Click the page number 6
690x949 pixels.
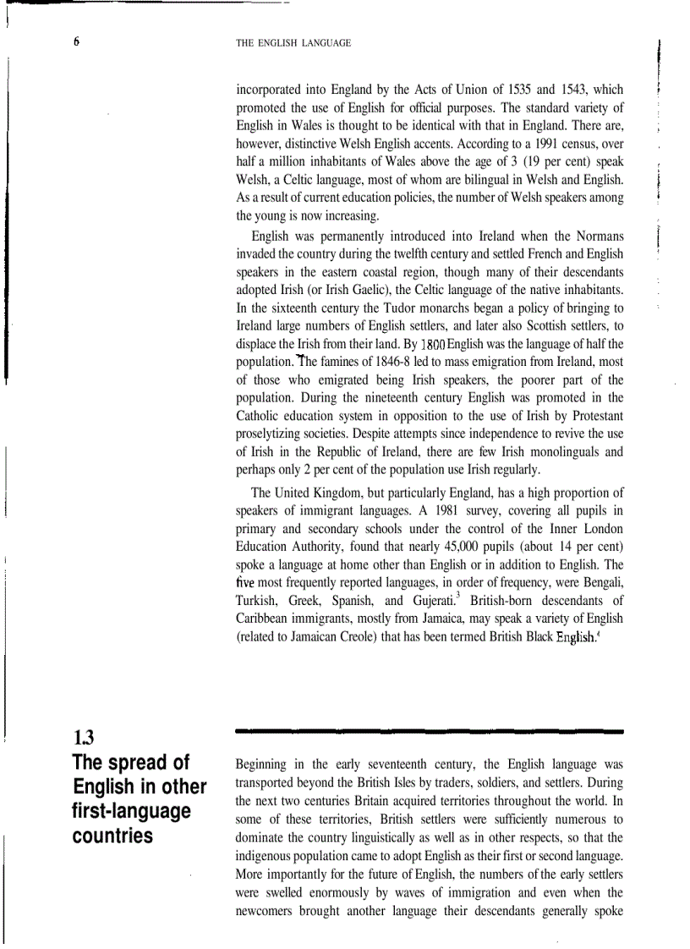coord(76,42)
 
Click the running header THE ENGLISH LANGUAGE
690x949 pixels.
coord(293,42)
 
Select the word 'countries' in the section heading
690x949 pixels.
coord(113,837)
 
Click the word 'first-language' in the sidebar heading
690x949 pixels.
coord(131,811)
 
